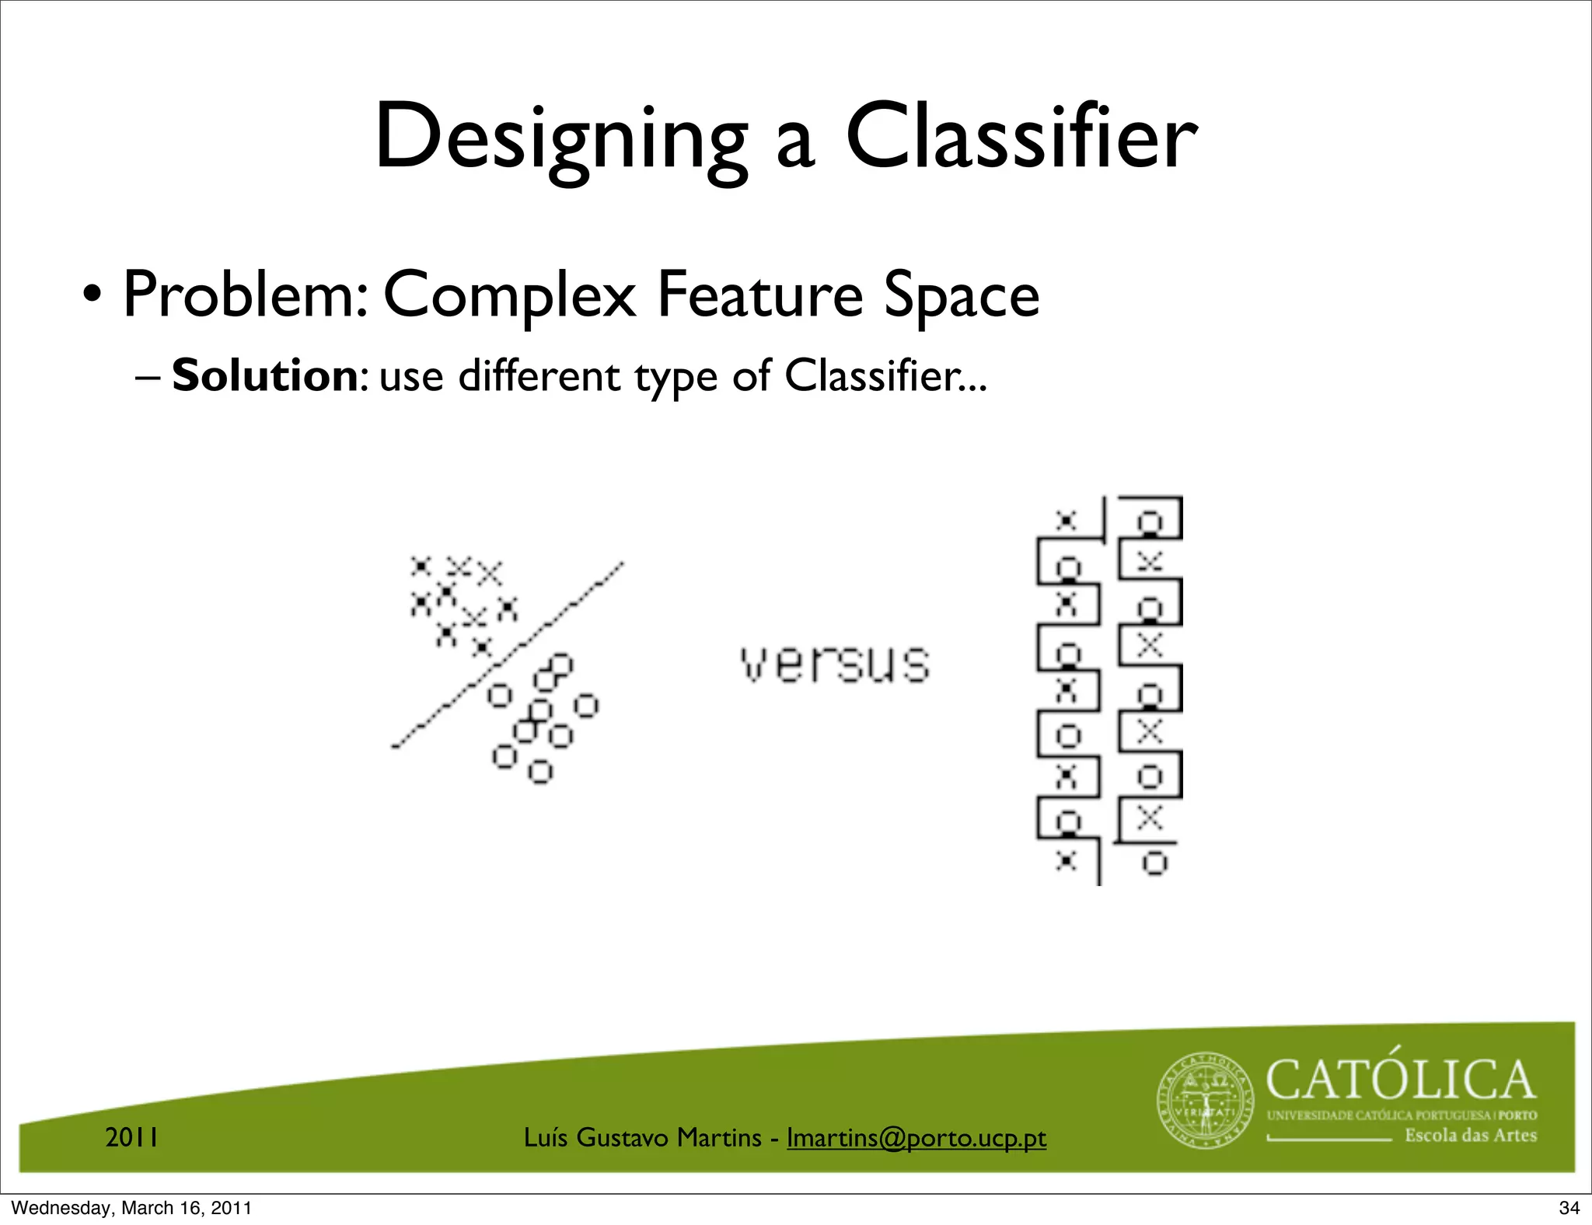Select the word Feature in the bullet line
tap(759, 295)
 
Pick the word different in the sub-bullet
tap(539, 376)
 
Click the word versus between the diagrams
tap(835, 665)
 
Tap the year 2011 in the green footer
tap(132, 1138)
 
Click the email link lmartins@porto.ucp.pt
tap(916, 1138)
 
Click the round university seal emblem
tap(1206, 1101)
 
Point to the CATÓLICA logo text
tap(1400, 1080)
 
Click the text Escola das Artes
tap(1470, 1136)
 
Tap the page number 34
tap(1569, 1208)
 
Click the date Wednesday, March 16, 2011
tap(131, 1208)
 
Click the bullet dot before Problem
tap(93, 298)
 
